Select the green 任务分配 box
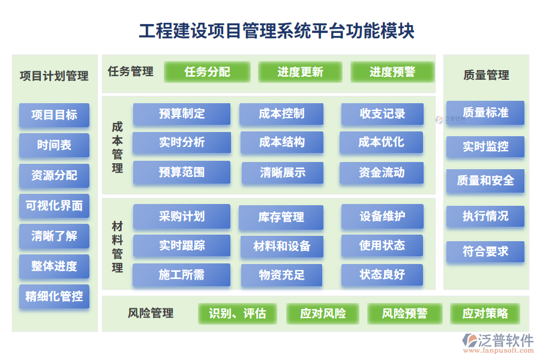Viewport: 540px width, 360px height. [x=207, y=72]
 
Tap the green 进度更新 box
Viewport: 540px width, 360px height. [x=300, y=72]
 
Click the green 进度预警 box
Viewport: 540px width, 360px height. [x=392, y=72]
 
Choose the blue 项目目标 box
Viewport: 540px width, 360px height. [x=54, y=115]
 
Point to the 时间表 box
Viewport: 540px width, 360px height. [x=54, y=145]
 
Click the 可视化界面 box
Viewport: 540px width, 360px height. [x=54, y=206]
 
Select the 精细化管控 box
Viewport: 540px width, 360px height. [x=54, y=296]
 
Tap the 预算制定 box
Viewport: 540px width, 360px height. [x=182, y=113]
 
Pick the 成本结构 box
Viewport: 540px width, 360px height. [x=282, y=142]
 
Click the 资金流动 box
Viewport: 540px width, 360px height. [x=382, y=173]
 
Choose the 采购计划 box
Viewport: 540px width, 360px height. [x=182, y=217]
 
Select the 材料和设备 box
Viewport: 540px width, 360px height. [x=282, y=246]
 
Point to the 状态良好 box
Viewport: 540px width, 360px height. [x=382, y=275]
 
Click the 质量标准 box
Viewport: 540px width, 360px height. [x=485, y=112]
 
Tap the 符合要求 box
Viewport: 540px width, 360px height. [x=485, y=251]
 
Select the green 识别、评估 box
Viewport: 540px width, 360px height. [x=238, y=313]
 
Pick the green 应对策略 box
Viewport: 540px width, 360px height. [x=485, y=313]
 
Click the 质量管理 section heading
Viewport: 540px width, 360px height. [x=486, y=75]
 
